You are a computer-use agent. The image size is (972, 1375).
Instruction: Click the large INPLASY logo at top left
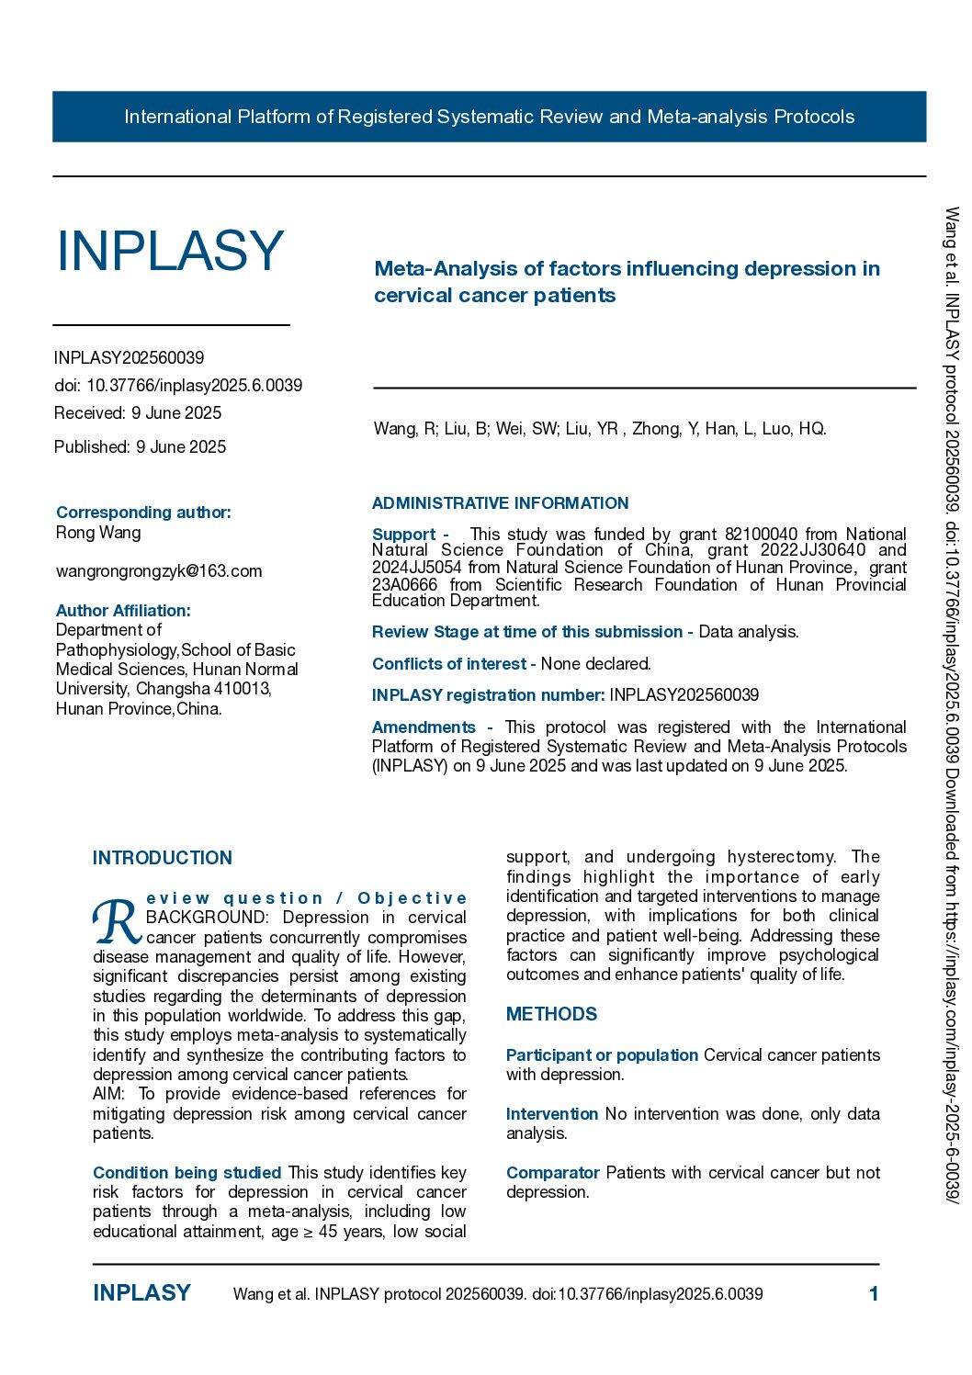170,250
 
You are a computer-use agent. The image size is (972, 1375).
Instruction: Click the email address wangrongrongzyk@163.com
159,571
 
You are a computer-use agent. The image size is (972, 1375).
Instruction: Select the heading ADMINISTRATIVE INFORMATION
501,503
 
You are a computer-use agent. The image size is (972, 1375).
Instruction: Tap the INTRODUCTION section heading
163,858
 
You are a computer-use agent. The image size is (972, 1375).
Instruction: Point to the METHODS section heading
551,1014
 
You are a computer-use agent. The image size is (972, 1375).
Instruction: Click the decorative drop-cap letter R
117,921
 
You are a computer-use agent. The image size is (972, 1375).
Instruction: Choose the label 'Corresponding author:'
143,513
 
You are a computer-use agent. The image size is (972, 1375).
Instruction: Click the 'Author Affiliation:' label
123,611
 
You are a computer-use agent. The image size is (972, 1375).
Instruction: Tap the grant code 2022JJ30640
813,550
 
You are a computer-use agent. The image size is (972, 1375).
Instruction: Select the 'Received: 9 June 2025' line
138,413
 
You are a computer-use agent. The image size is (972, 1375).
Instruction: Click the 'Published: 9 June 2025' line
140,447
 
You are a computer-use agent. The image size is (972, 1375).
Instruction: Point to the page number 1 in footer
874,1294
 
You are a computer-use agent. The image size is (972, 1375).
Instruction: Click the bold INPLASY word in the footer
141,1293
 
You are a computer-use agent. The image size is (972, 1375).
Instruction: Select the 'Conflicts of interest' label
448,664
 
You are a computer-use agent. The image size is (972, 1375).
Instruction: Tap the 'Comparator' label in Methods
552,1173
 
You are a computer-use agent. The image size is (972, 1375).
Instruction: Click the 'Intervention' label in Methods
552,1114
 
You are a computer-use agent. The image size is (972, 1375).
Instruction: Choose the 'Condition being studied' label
186,1173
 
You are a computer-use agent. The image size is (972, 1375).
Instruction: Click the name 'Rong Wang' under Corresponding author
98,533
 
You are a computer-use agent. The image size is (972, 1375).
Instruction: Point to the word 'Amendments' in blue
424,727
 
